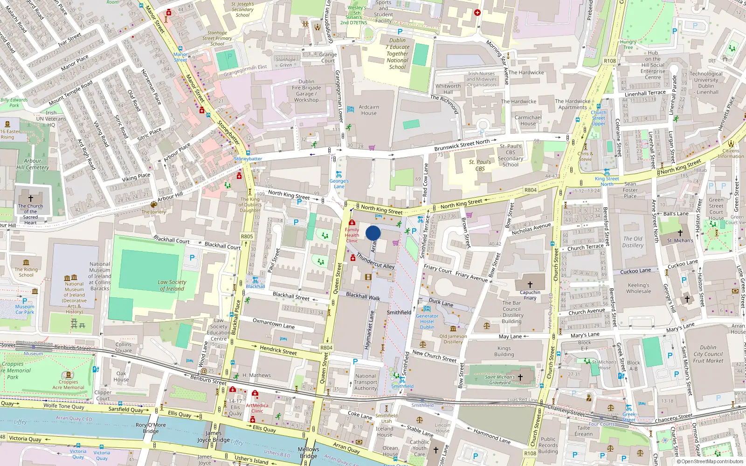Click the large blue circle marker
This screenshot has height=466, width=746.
point(373,233)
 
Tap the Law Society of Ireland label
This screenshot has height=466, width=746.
point(172,285)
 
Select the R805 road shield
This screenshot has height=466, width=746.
point(247,236)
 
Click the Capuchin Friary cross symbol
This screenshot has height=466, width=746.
point(530,284)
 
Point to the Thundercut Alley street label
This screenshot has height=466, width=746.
point(375,261)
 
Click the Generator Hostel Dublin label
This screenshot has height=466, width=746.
point(427,322)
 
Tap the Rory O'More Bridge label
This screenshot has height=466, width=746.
point(151,428)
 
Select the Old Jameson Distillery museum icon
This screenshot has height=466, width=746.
point(453,329)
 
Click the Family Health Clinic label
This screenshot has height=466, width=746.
point(352,235)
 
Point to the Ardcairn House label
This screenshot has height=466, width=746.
point(369,110)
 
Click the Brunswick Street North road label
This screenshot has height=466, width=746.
point(462,145)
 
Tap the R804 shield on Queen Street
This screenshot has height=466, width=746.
point(326,348)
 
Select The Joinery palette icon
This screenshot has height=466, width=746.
point(154,205)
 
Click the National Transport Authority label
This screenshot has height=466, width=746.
point(366,382)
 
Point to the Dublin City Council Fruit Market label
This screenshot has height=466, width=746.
point(708,354)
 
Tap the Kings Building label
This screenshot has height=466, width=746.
point(504,351)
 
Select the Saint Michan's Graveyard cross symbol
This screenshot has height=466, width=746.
point(520,377)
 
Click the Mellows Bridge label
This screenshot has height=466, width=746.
point(309,452)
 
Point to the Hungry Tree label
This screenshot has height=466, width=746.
point(628,44)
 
